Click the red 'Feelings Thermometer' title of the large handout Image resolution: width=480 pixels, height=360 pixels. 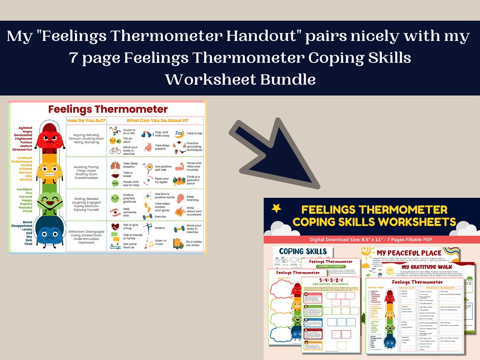click(x=108, y=109)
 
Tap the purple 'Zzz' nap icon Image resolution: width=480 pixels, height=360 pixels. click(x=179, y=133)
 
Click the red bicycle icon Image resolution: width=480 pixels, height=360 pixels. click(x=115, y=150)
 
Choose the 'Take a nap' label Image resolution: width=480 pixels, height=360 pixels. click(x=195, y=133)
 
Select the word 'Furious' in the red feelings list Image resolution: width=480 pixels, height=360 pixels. click(x=25, y=142)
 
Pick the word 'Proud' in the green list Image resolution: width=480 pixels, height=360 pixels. click(x=27, y=211)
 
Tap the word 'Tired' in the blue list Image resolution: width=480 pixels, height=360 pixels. click(x=28, y=244)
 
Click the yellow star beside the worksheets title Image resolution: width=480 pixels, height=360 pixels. click(x=276, y=208)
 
